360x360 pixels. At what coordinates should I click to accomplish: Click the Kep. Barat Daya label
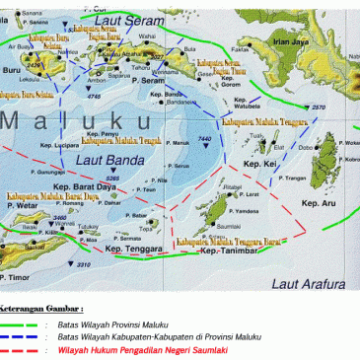click(x=86, y=182)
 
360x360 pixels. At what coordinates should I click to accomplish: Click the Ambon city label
click(x=95, y=80)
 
